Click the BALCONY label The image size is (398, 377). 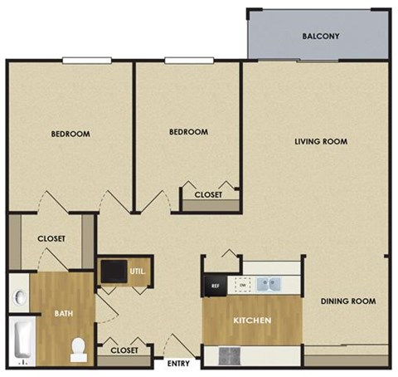pyautogui.click(x=321, y=36)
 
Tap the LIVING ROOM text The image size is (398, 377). pyautogui.click(x=321, y=141)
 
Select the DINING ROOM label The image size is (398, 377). pyautogui.click(x=348, y=301)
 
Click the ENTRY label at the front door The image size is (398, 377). pyautogui.click(x=178, y=364)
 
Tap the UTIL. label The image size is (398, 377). pyautogui.click(x=138, y=270)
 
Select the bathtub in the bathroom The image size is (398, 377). pyautogui.click(x=22, y=342)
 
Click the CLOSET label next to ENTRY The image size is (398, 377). pyautogui.click(x=124, y=350)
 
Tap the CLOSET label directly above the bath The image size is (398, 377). pyautogui.click(x=51, y=239)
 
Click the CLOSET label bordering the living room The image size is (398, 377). pyautogui.click(x=208, y=195)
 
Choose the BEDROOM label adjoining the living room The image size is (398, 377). pyautogui.click(x=188, y=132)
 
